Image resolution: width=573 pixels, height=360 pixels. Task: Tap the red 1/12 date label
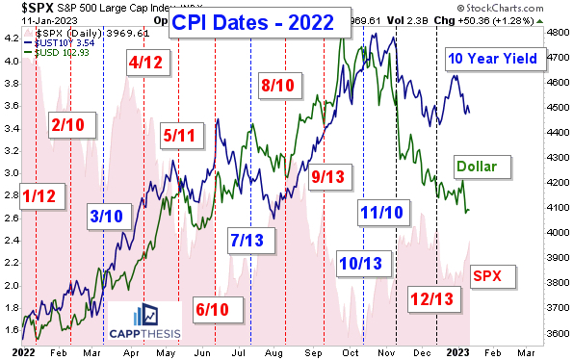coord(40,196)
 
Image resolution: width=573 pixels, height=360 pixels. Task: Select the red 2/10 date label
coord(69,124)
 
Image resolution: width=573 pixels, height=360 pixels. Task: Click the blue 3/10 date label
coord(108,215)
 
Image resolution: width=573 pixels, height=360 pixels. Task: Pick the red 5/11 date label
coord(184,136)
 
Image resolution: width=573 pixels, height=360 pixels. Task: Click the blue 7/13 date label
coord(249,239)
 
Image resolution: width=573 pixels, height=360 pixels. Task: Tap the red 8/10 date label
coord(281,87)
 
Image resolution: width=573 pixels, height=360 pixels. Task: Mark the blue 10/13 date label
coord(360,262)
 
